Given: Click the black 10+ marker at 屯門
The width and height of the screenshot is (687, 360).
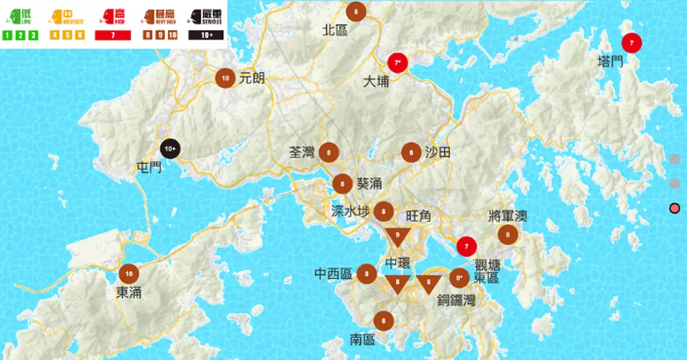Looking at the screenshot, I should (x=171, y=149).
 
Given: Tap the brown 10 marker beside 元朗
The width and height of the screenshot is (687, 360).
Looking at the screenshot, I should (x=226, y=78).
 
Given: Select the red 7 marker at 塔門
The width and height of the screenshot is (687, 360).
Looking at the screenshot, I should (x=631, y=42).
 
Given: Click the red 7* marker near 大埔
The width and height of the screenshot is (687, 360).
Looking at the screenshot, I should (x=397, y=62).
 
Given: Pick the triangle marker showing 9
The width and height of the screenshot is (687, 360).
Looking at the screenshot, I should (x=397, y=236).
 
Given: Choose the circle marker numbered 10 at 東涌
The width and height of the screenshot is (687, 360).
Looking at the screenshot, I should (x=129, y=274).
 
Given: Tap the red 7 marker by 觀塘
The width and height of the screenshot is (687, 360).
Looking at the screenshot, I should (x=467, y=247).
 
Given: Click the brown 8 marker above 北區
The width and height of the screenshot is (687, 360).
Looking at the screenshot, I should (x=357, y=11).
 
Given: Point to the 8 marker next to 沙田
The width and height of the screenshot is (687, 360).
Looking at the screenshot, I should (x=411, y=152).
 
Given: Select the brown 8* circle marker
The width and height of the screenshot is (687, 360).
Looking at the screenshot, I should (x=458, y=278).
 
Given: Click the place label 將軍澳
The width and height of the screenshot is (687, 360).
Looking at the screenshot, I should (x=508, y=216).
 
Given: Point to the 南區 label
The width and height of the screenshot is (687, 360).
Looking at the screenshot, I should (x=362, y=340).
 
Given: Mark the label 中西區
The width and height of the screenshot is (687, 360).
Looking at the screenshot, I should (x=333, y=274).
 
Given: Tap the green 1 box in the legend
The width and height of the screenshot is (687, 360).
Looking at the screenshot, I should (x=7, y=35).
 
